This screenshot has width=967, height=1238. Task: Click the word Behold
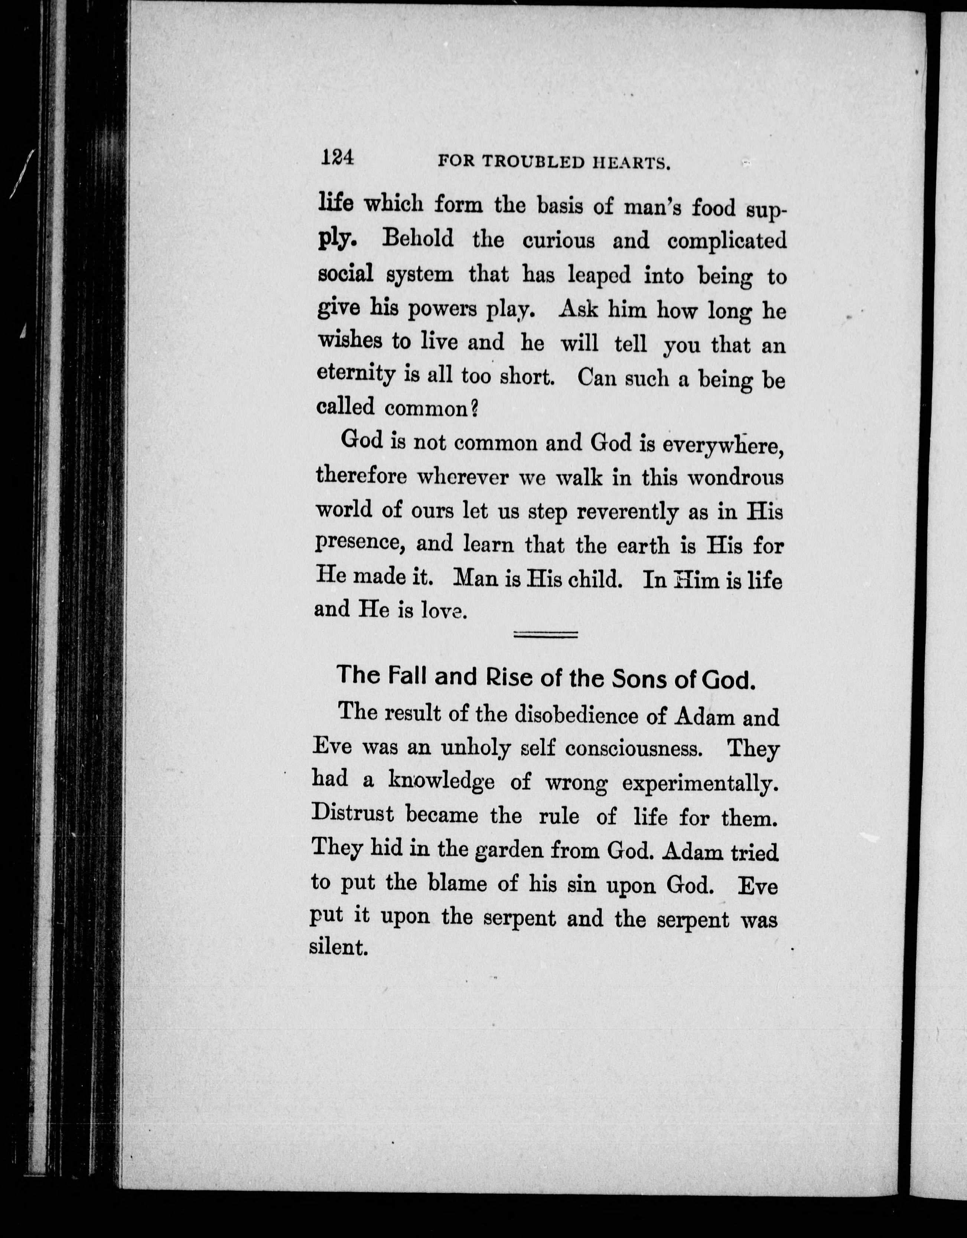pyautogui.click(x=418, y=239)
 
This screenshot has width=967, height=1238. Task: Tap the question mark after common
pyautogui.click(x=475, y=408)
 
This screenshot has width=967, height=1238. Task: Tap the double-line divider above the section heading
pyautogui.click(x=545, y=635)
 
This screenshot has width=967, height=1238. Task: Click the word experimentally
pyautogui.click(x=699, y=784)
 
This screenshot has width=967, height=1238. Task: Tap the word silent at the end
pyautogui.click(x=339, y=947)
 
